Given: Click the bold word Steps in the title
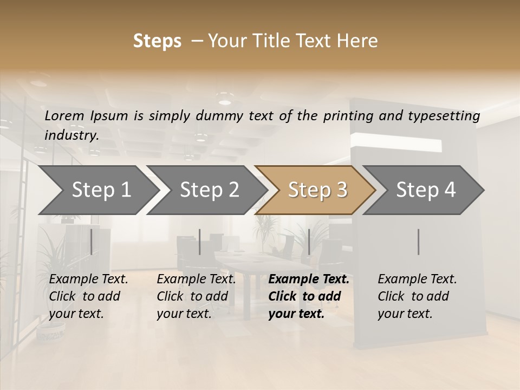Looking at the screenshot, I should (x=157, y=41).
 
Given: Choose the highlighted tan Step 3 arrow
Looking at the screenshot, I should (x=317, y=190).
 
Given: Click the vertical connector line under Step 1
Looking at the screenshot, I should (x=91, y=242).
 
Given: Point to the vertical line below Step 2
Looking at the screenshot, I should (x=200, y=242).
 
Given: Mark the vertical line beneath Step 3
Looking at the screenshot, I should (x=309, y=242).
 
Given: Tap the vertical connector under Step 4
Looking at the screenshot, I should (x=418, y=242).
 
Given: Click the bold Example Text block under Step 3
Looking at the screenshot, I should (x=309, y=296).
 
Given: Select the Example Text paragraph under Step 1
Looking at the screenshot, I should (x=89, y=296).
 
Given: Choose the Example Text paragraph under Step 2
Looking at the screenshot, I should (x=196, y=296).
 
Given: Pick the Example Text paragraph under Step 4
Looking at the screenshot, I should (x=417, y=296).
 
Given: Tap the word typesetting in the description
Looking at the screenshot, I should (x=448, y=115).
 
